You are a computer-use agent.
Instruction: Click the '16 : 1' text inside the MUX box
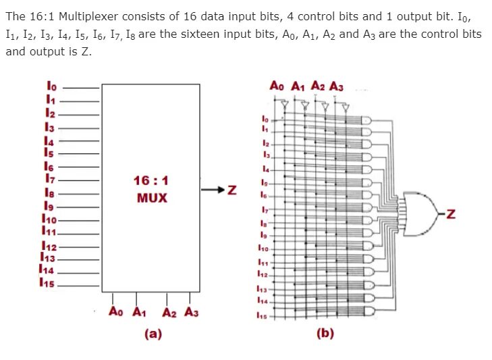151,180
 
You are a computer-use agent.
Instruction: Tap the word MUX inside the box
152,198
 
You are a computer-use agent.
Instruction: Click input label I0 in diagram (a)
52,86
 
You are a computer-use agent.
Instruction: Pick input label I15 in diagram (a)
49,283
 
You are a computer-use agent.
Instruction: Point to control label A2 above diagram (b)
320,86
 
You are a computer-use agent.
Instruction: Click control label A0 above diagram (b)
277,86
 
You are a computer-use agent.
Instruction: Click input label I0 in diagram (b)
265,119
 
